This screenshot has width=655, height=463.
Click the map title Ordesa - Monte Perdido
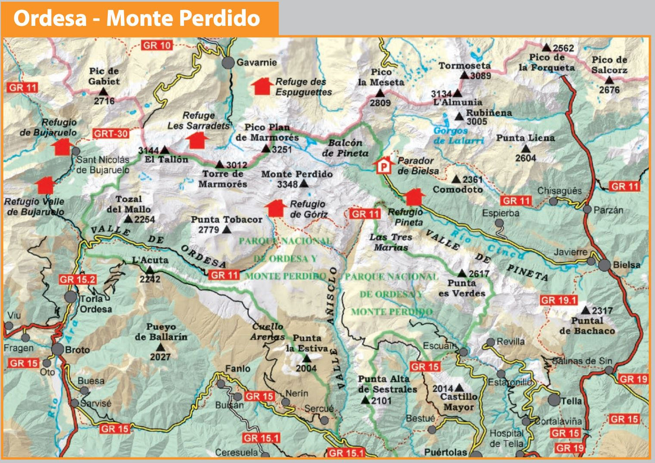137,18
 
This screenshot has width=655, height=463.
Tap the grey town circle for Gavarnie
228,63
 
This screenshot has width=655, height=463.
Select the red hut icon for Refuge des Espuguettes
262,86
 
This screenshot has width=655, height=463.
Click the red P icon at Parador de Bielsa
383,166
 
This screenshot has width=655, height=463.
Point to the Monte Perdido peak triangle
304,184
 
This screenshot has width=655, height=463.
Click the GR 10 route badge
157,45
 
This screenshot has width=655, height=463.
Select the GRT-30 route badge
111,134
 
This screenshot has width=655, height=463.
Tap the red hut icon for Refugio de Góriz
275,208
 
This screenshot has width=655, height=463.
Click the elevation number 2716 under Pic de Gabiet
104,101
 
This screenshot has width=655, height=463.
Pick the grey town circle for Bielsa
604,265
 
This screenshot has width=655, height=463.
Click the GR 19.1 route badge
558,301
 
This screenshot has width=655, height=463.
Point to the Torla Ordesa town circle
71,297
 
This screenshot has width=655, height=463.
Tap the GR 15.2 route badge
77,280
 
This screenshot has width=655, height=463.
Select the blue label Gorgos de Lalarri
458,135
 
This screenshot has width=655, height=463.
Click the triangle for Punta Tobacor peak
227,230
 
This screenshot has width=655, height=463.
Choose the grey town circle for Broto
58,349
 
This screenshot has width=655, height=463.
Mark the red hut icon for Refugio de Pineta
413,197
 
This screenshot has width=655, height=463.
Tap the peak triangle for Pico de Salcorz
609,80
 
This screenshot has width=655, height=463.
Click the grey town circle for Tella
554,400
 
